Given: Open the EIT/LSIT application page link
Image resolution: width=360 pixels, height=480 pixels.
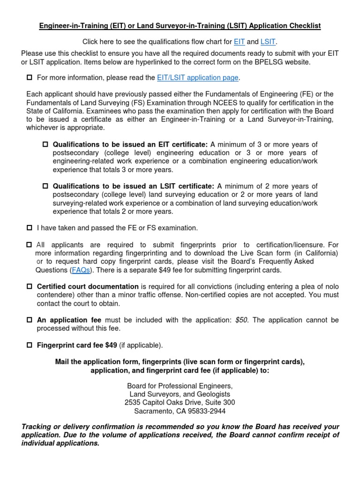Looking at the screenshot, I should pyautogui.click(x=197, y=77).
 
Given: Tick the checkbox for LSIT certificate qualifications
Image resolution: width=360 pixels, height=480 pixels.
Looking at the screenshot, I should pyautogui.click(x=46, y=187).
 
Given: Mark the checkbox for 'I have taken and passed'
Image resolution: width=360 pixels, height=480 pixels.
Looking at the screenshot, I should pyautogui.click(x=30, y=228).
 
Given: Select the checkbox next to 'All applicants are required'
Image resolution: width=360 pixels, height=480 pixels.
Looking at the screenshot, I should pyautogui.click(x=30, y=245).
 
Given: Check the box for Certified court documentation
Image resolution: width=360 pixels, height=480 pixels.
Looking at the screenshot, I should pyautogui.click(x=30, y=287).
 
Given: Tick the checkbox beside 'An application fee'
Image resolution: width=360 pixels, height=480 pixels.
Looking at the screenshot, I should pyautogui.click(x=30, y=320).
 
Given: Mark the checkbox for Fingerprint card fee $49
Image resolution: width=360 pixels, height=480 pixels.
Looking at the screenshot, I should pyautogui.click(x=30, y=345).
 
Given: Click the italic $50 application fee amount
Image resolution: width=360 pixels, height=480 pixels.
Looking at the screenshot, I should pyautogui.click(x=242, y=320).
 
